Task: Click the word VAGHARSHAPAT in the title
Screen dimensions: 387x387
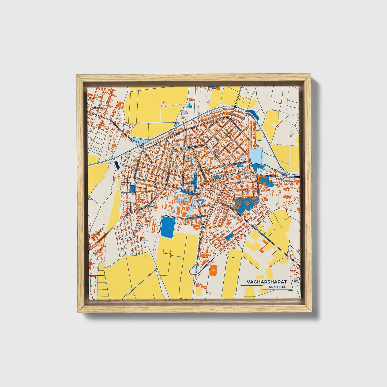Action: coord(266,282)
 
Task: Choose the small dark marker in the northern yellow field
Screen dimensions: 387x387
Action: coord(149,124)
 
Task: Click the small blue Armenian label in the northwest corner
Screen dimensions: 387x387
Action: coord(98,107)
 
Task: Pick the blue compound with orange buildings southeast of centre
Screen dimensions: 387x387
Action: coord(245,205)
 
